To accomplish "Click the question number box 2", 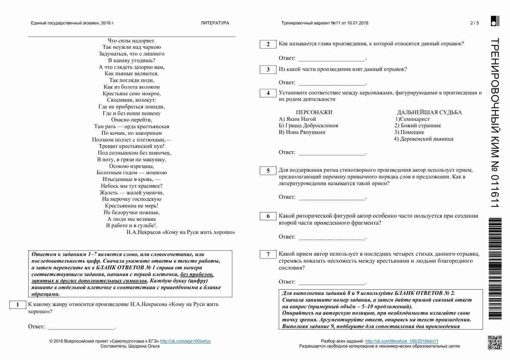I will (268, 44).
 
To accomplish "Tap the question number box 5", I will (268, 171).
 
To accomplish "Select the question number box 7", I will (268, 255).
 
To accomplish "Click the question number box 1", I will (17, 305).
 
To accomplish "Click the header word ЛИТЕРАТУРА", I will (215, 23).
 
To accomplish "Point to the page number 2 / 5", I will (475, 23).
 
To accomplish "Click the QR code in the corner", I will (495, 343).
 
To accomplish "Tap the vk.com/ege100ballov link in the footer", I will (185, 341).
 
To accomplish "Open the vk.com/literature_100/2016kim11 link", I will (402, 341).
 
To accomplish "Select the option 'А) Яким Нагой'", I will (297, 119).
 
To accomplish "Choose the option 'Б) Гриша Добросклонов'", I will (308, 126).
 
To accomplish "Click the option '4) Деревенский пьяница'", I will (424, 139).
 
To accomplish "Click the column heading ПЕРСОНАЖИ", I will (314, 112).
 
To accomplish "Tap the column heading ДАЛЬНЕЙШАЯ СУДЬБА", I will (429, 112).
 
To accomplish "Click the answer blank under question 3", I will (332, 83).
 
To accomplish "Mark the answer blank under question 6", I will (332, 237).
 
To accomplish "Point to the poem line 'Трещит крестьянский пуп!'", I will (131, 146).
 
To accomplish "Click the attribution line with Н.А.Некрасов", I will (181, 232).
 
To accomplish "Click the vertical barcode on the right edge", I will (495, 269).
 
